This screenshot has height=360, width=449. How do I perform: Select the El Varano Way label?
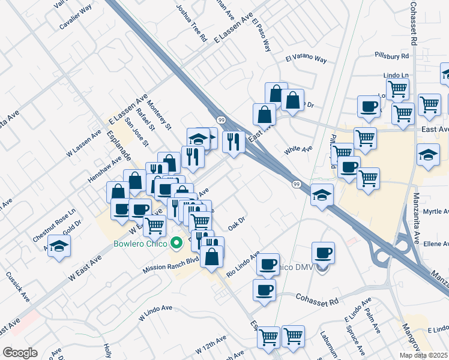306,60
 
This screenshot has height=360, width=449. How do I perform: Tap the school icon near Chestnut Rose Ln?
59,246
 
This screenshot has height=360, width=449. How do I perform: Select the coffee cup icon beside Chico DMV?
323,253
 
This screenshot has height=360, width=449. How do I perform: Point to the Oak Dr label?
237,223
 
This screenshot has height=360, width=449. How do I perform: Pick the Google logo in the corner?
20,353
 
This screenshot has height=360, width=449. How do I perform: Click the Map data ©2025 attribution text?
423,355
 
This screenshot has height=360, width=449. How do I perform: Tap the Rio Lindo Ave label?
243,265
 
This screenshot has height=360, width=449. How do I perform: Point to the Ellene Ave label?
436,244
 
